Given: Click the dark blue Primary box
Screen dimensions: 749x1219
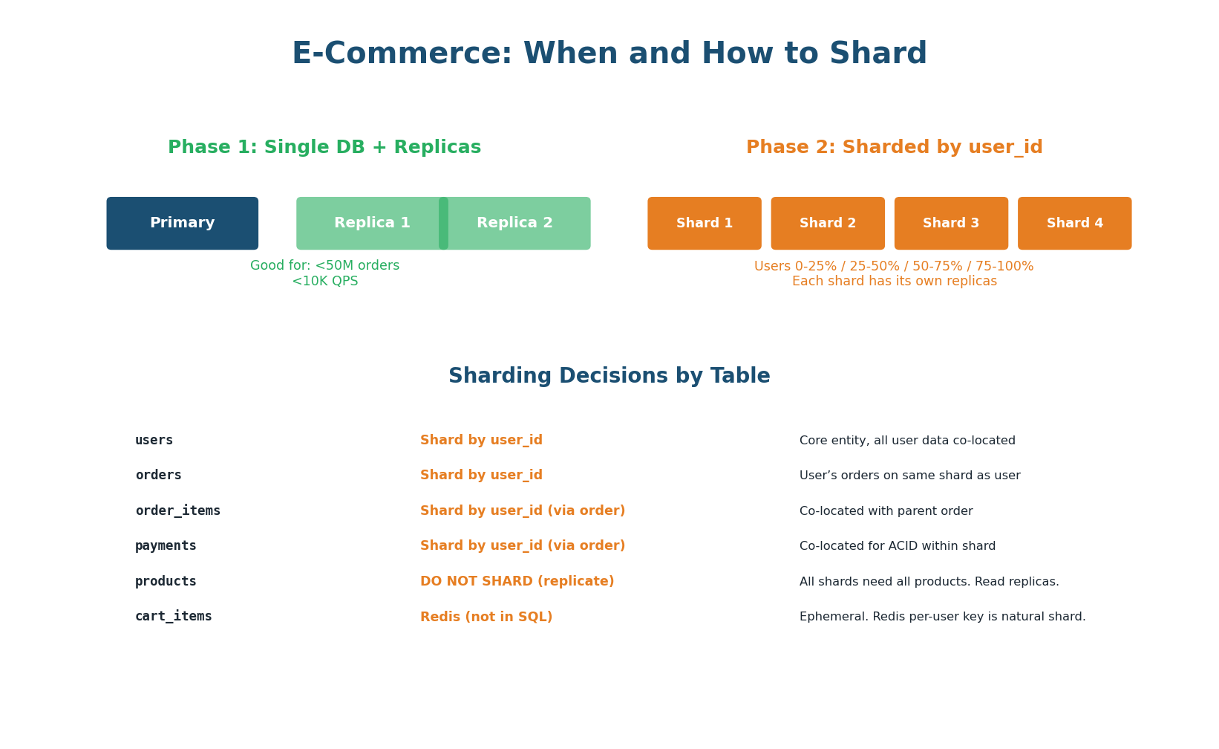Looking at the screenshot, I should pos(182,223).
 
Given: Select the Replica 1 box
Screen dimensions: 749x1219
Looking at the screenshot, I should pos(371,223).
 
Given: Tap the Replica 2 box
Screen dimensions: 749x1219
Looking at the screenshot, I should pos(515,223).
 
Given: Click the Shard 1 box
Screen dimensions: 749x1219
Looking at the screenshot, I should pos(704,223).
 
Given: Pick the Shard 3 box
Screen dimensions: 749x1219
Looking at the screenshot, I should pos(951,223).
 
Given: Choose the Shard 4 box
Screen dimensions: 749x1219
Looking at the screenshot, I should pos(1074,223).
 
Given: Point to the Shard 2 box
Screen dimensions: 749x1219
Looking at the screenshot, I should pos(828,223).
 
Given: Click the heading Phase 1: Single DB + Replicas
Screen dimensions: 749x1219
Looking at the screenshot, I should pos(324,147).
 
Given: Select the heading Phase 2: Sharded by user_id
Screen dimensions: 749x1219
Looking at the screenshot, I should pos(894,147).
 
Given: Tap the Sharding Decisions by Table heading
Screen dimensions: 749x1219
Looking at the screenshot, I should pos(609,376).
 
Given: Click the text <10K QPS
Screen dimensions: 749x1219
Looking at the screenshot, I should pos(324,282).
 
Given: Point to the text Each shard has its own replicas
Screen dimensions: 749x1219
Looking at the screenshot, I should pos(894,282).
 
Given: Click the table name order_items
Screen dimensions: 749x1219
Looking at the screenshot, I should pos(177,511).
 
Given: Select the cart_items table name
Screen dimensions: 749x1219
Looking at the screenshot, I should pos(173,617).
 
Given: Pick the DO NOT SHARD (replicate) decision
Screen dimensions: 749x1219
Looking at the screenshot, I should pos(517,582).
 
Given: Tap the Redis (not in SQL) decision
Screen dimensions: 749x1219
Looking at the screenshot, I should pos(486,617).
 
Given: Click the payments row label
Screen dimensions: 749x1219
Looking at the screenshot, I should pos(166,546).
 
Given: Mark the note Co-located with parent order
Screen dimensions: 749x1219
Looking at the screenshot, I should pos(886,511).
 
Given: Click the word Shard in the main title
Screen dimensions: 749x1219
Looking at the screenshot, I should pos(878,54).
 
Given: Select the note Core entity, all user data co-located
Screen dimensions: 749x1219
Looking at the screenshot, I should pos(907,441).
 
